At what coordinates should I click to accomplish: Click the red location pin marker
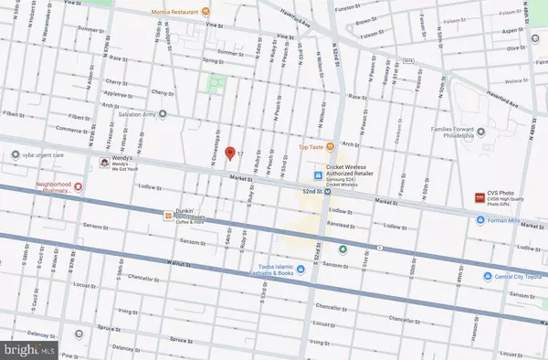[230, 153]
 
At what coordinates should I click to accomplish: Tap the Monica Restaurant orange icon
[206, 12]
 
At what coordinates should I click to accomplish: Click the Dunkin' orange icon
[168, 216]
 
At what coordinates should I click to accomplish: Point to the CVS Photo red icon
[477, 197]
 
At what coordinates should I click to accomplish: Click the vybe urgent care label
[46, 155]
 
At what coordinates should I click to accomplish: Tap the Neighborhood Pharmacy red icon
[79, 186]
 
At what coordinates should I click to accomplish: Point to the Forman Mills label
[514, 219]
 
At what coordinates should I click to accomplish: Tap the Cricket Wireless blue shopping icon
[317, 176]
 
